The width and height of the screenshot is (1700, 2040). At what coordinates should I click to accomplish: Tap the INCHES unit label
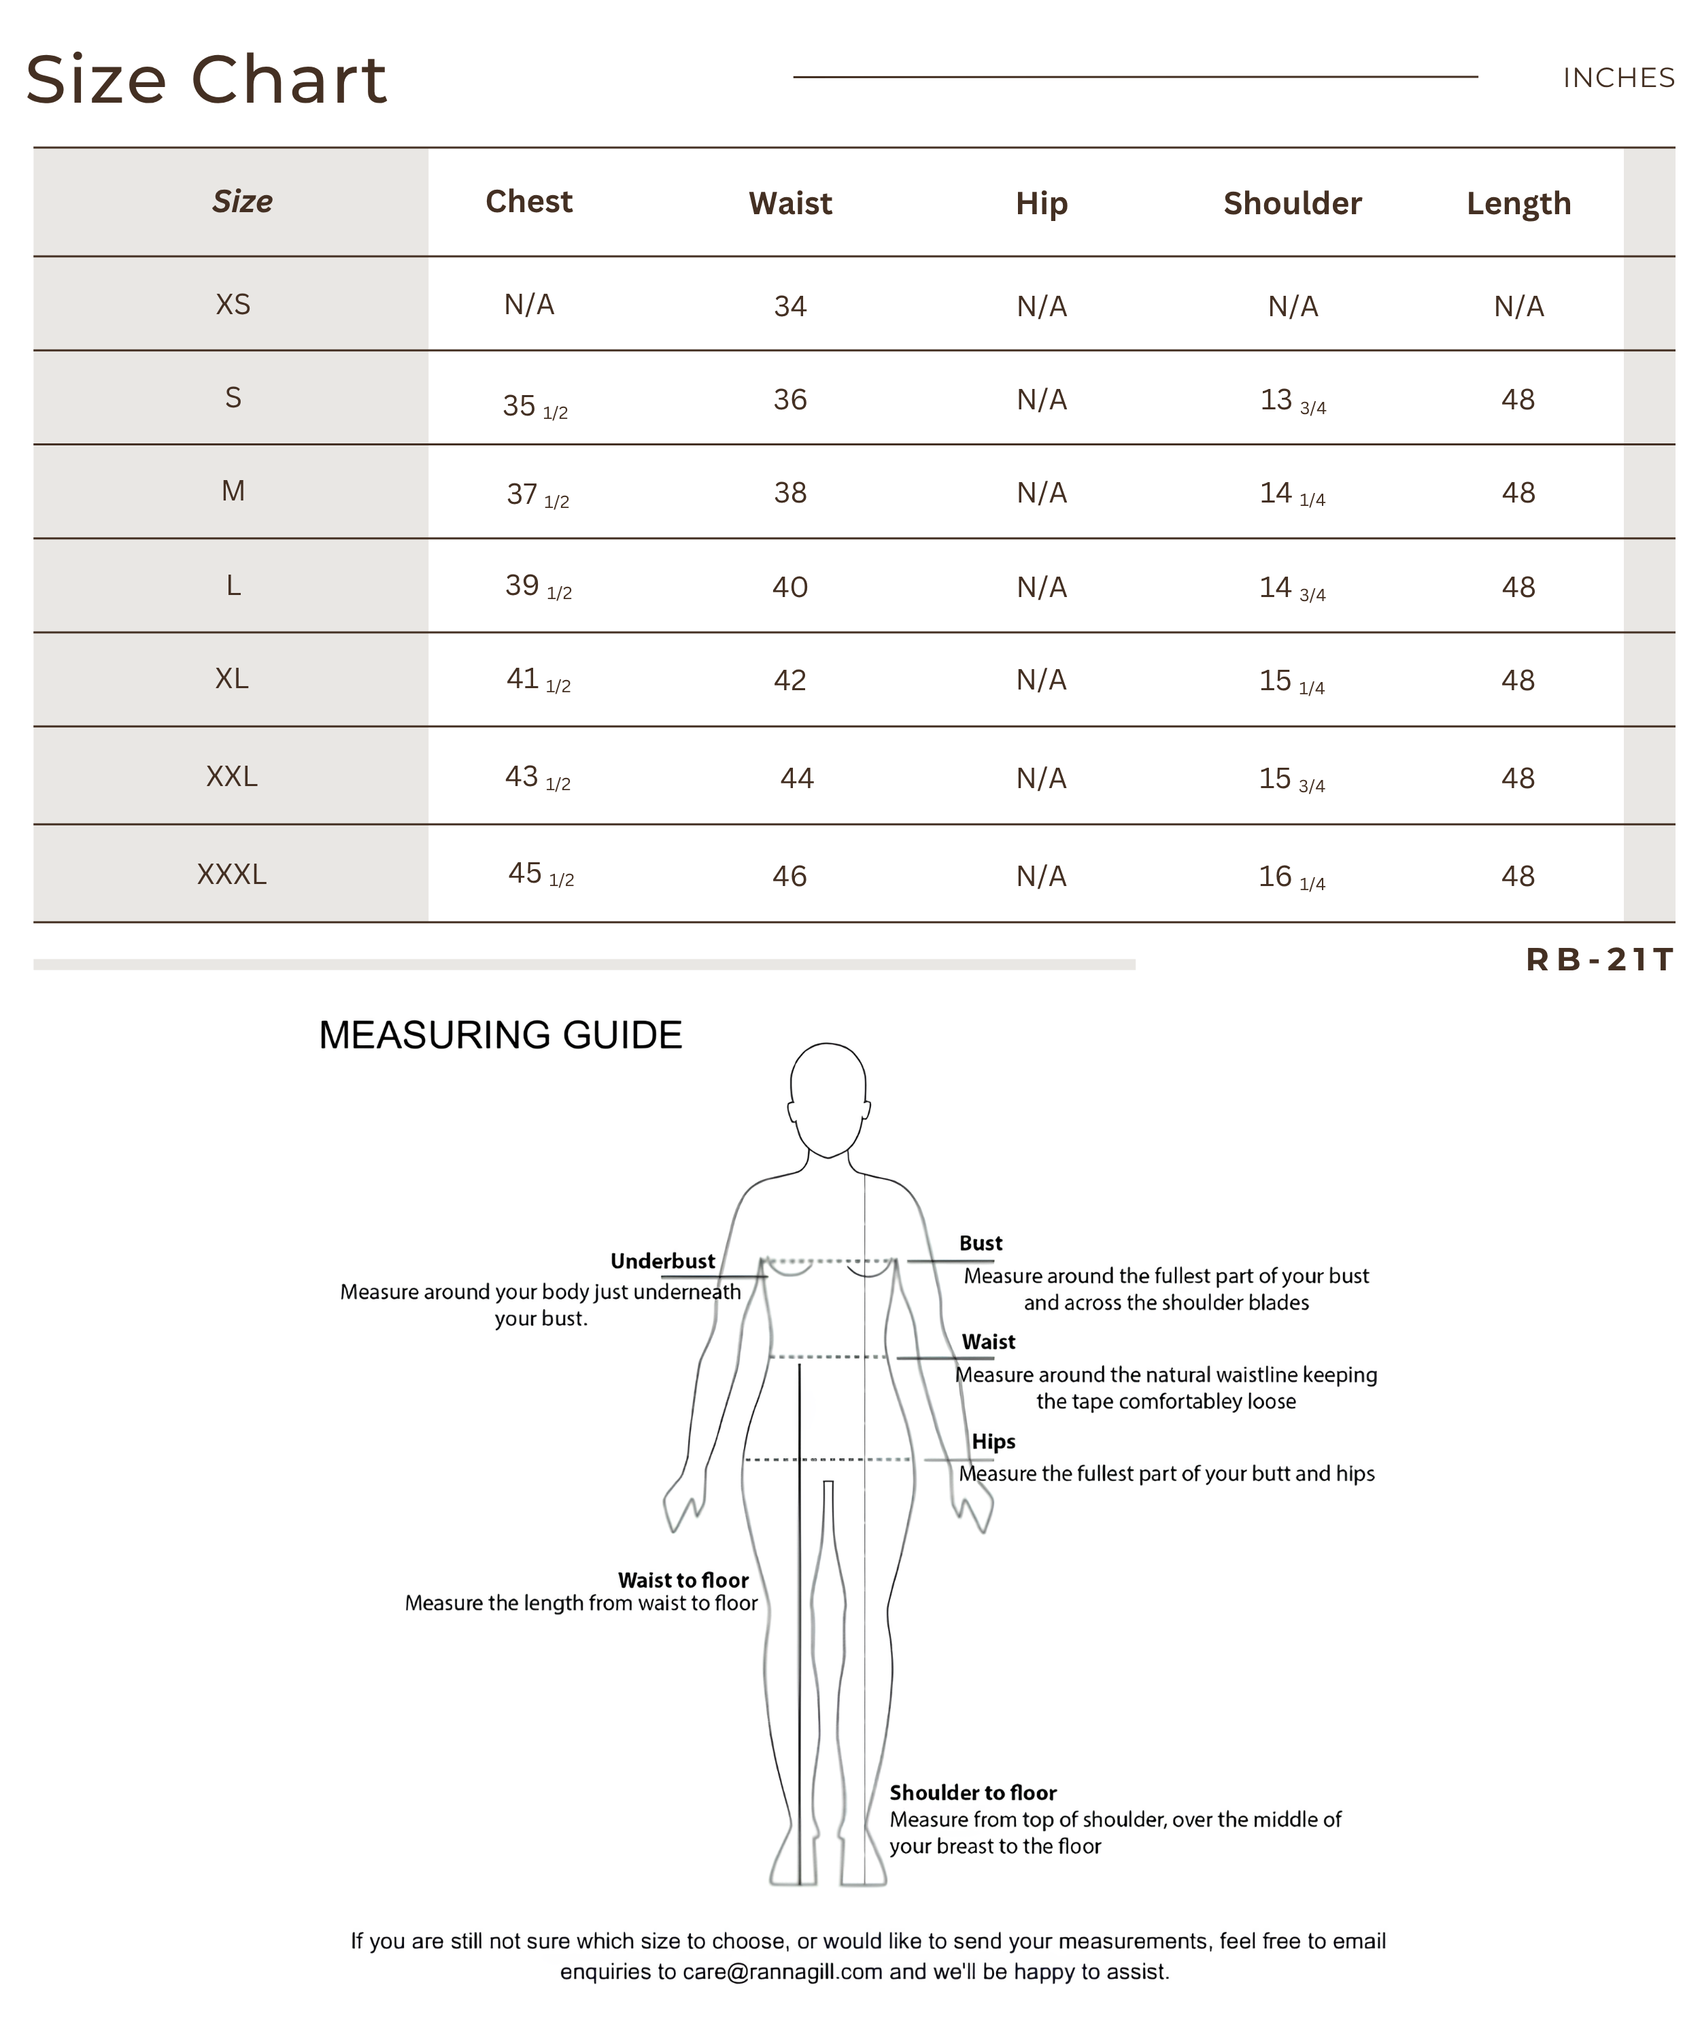(x=1618, y=78)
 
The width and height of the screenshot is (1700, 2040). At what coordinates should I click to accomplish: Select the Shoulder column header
(x=1291, y=203)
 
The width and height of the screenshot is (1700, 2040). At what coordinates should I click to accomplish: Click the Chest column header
(x=528, y=201)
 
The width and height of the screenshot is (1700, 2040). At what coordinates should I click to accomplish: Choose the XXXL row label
(x=231, y=874)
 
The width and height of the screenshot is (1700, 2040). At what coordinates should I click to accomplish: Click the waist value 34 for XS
(x=789, y=307)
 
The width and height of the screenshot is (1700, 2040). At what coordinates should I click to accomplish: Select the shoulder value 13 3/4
(x=1292, y=401)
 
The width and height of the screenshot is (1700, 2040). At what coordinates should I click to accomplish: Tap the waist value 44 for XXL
(x=796, y=778)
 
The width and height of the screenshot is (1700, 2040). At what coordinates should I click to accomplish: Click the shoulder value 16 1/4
(x=1291, y=877)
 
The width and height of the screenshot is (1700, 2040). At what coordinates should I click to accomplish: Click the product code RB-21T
(x=1599, y=959)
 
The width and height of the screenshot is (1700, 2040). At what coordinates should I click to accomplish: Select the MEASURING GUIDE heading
(x=500, y=1036)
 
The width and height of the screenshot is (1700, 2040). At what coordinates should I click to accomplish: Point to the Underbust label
(x=662, y=1261)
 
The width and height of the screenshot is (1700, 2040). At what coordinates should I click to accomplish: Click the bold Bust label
(x=980, y=1244)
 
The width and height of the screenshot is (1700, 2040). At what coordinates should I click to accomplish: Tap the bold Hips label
(x=993, y=1442)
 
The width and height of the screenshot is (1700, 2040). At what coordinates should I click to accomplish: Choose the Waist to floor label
(x=683, y=1580)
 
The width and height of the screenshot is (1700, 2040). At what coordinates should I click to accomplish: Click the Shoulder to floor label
(x=972, y=1792)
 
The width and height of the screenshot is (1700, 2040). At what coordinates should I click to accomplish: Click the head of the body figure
(x=828, y=1098)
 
